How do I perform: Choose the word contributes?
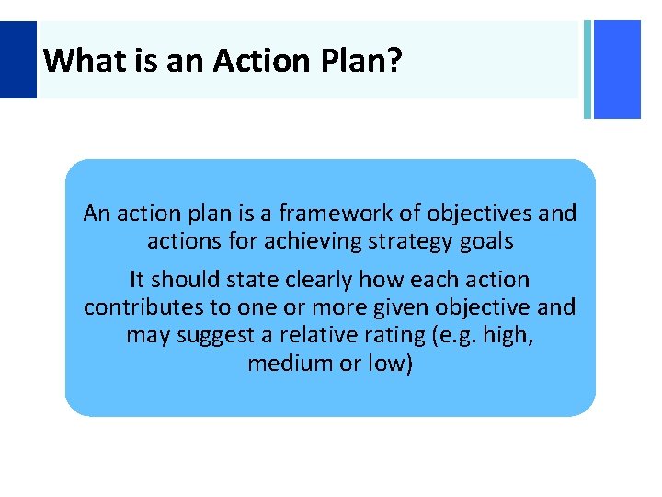pyautogui.click(x=139, y=306)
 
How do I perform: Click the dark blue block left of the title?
pyautogui.click(x=17, y=60)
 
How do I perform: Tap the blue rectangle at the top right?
pyautogui.click(x=617, y=69)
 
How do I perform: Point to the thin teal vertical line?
pyautogui.click(x=587, y=69)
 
